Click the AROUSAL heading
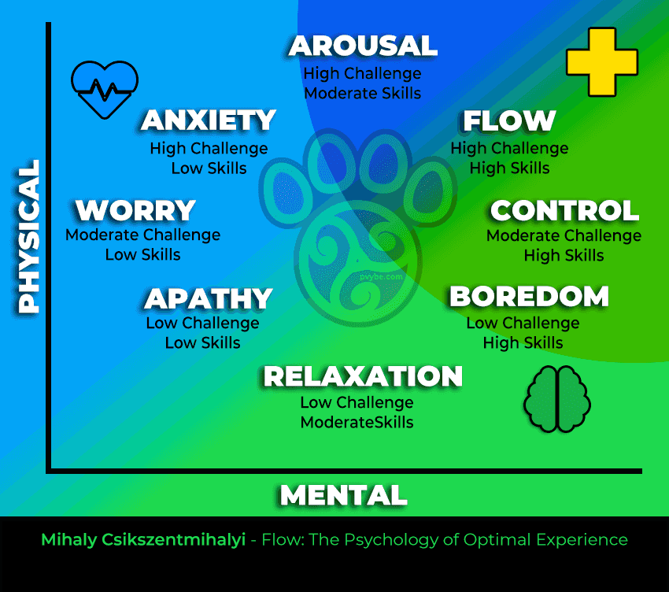click(363, 46)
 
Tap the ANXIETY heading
click(209, 120)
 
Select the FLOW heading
click(509, 120)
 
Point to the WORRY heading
click(135, 210)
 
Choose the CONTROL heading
click(564, 210)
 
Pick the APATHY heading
click(209, 298)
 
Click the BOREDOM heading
click(529, 296)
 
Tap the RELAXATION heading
click(363, 376)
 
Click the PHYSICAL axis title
click(29, 237)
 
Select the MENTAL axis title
click(343, 495)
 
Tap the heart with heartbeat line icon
click(105, 87)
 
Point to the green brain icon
click(556, 400)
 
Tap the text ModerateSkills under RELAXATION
click(357, 423)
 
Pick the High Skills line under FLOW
click(509, 168)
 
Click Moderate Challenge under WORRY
click(142, 235)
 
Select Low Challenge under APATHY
click(202, 323)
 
